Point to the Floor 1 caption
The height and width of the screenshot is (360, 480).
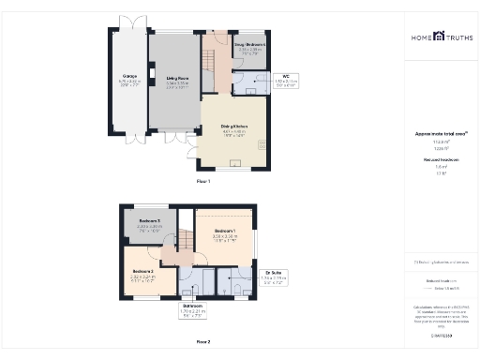(203, 181)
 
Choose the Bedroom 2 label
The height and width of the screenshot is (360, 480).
(142, 274)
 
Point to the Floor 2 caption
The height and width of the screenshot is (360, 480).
(203, 341)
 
